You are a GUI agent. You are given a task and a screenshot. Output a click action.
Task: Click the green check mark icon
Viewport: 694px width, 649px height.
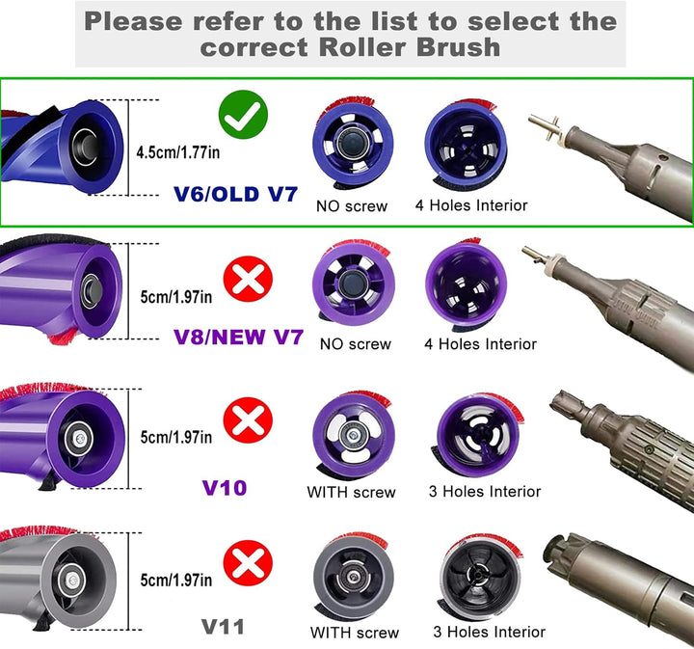tap(243, 114)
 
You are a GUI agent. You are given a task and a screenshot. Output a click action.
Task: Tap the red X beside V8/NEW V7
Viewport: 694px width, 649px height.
tap(248, 279)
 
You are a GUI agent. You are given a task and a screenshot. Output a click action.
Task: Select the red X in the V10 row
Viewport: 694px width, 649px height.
tap(248, 420)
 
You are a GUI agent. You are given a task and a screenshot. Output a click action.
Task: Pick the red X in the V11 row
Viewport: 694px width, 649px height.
tap(248, 563)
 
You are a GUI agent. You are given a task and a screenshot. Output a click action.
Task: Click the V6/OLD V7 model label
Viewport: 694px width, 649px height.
tap(235, 195)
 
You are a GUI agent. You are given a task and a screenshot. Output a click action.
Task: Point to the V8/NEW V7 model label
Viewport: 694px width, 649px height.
tap(239, 338)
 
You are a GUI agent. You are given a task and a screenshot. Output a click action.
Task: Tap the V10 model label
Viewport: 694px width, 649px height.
tap(224, 488)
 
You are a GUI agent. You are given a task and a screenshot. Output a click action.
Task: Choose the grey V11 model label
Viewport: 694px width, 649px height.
tap(223, 627)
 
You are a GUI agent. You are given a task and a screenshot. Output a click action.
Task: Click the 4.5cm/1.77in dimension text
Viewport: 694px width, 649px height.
tap(178, 152)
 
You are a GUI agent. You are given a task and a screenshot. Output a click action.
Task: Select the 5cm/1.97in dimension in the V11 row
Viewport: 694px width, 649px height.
tap(176, 580)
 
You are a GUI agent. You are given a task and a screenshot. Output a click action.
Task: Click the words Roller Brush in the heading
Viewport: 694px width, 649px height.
tap(410, 47)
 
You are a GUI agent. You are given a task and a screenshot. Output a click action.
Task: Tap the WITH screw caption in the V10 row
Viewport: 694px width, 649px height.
tap(351, 492)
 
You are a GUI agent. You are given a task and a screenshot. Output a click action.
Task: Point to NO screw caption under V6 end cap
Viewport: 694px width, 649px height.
tap(352, 205)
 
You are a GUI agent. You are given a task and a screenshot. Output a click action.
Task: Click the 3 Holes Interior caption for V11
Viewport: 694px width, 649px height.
tap(489, 632)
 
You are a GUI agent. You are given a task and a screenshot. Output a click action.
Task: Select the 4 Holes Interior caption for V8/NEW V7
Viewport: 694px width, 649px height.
tap(480, 344)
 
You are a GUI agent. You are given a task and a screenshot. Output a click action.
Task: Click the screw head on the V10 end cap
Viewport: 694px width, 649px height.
tap(353, 436)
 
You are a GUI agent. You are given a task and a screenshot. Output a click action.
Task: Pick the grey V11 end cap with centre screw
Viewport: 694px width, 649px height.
tap(353, 576)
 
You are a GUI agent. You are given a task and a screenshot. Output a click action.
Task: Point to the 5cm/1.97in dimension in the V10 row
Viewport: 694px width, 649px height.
tap(176, 438)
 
